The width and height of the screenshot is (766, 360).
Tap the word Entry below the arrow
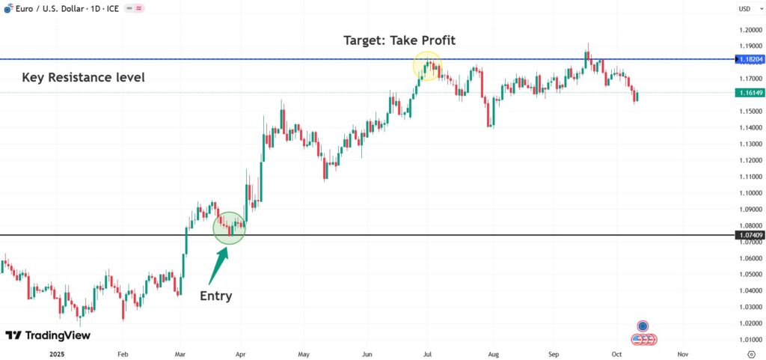click(x=216, y=296)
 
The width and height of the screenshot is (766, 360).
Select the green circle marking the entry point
click(x=230, y=228)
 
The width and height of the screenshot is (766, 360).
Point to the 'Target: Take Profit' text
click(x=399, y=40)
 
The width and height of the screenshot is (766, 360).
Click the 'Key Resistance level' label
click(x=84, y=77)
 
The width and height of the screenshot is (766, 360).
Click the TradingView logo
click(x=48, y=335)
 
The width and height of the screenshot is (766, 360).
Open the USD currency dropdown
click(x=746, y=9)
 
